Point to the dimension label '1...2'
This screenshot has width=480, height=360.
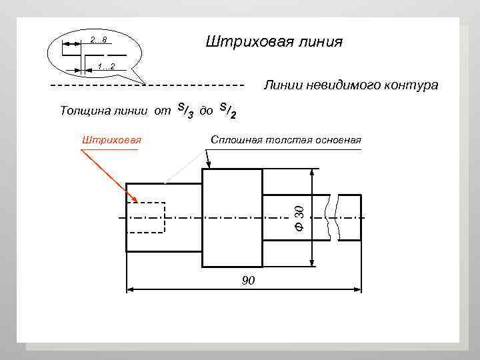click(x=106, y=67)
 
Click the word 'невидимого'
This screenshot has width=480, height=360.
click(x=347, y=85)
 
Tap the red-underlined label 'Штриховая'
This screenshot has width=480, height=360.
click(x=109, y=140)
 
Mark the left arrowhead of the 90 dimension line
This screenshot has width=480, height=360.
click(x=131, y=289)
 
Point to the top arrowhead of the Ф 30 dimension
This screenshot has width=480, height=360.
click(x=312, y=173)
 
